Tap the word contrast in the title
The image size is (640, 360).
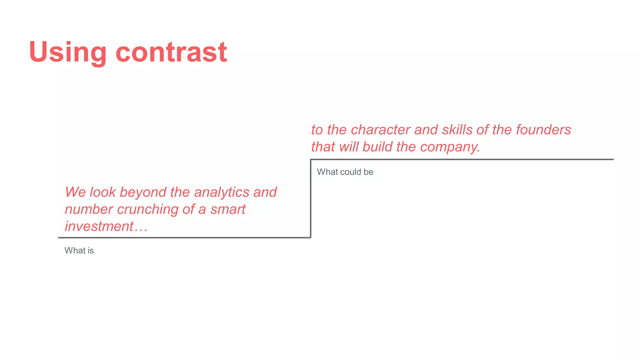[x=171, y=52]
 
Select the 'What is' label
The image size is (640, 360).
[x=79, y=251]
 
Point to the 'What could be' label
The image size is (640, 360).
[x=345, y=172]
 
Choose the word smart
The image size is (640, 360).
[x=228, y=209]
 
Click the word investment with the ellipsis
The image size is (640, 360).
[x=106, y=227]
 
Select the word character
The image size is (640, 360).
[x=381, y=130]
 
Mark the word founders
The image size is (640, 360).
[x=543, y=130]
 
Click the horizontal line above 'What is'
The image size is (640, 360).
[x=184, y=237]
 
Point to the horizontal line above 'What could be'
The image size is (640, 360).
[x=462, y=159]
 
